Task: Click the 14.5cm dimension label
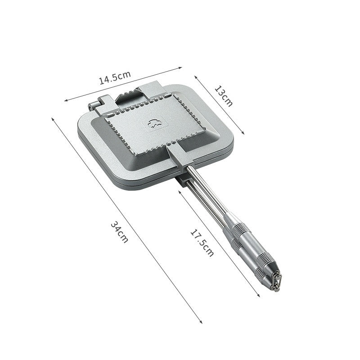point(115,77)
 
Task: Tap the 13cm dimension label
point(223,96)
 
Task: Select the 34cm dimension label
point(119,232)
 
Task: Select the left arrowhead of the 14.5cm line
point(66,100)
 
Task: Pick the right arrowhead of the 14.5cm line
point(180,68)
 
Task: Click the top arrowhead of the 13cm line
point(196,77)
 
